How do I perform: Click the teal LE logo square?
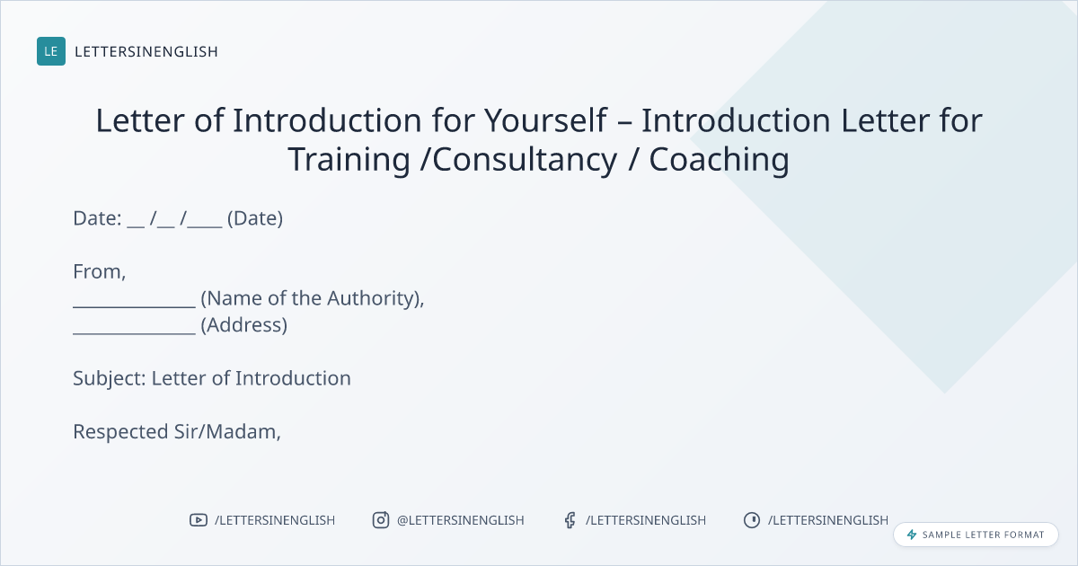click(x=51, y=51)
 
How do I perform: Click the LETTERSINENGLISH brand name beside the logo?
click(x=146, y=51)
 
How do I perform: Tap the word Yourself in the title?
click(x=546, y=120)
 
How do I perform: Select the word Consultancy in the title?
click(x=525, y=160)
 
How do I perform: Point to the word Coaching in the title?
click(x=720, y=160)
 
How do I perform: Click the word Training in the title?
click(x=349, y=160)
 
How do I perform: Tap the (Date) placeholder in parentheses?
click(x=255, y=218)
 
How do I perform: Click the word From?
click(x=99, y=272)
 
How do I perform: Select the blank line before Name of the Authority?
click(x=134, y=306)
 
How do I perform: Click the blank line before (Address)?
click(x=134, y=333)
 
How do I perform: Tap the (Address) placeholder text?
click(x=244, y=325)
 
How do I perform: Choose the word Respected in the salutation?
click(x=120, y=432)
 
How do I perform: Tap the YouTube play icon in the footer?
click(x=199, y=520)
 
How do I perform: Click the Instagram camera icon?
click(x=381, y=520)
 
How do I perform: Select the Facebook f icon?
click(x=570, y=520)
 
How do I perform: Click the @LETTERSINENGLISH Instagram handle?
click(x=461, y=520)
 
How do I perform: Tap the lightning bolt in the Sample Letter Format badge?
click(x=912, y=535)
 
